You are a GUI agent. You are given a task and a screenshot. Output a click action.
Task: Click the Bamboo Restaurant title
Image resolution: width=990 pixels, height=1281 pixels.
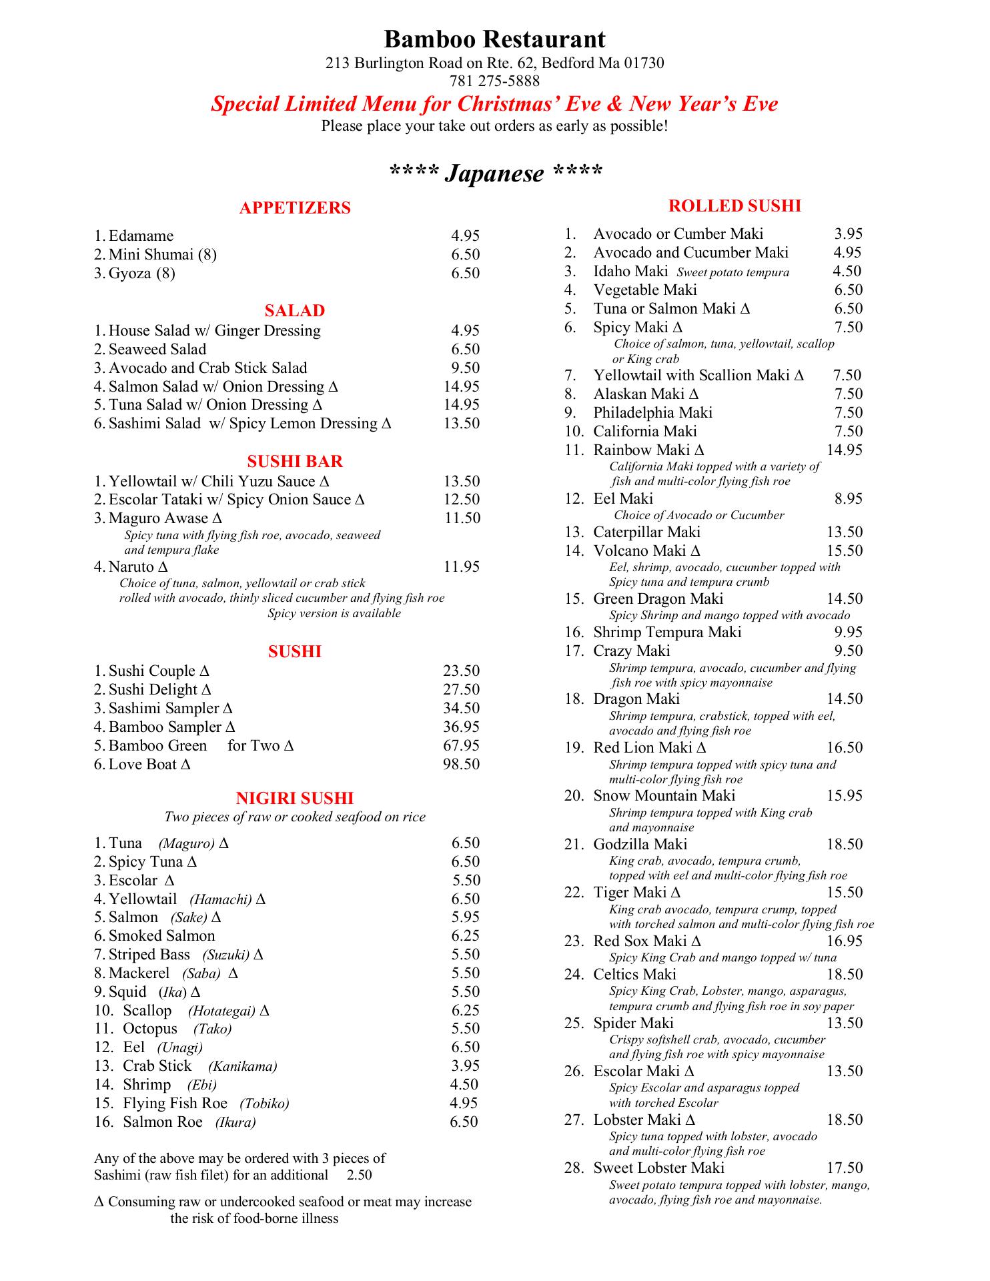pos(494,39)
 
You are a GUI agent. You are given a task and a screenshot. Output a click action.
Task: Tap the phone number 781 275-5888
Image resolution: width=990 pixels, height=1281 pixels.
pos(494,81)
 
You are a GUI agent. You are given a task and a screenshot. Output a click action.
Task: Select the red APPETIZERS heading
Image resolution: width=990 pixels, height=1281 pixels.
pos(295,208)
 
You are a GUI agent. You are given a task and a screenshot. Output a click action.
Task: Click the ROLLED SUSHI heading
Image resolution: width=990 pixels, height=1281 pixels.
pos(734,206)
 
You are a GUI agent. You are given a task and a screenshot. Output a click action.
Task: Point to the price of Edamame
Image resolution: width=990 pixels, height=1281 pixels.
pos(465,236)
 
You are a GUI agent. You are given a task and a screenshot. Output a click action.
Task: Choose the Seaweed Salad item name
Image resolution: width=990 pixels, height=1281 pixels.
pos(157,350)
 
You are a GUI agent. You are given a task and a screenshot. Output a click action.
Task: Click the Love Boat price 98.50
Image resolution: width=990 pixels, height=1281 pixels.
pos(461,765)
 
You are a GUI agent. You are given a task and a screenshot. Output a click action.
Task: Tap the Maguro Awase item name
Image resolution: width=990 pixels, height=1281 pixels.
pos(159,518)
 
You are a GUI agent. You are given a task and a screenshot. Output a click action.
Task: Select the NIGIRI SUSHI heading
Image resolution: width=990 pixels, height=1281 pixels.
pos(295,799)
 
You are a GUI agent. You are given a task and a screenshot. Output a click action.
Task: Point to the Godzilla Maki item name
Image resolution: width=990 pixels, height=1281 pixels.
pos(640,845)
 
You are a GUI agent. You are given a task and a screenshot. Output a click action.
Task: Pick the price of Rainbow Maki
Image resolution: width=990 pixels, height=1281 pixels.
pos(844,450)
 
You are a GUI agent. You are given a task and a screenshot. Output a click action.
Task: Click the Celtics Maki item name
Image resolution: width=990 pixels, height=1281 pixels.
pos(634,975)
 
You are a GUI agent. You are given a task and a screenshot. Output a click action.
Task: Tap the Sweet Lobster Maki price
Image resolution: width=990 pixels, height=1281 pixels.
pos(844,1168)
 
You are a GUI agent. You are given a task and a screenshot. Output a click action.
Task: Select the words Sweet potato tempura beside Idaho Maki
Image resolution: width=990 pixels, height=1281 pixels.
pos(732,272)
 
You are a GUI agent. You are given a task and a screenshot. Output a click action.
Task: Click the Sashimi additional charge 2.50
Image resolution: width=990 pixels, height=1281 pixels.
pos(360,1175)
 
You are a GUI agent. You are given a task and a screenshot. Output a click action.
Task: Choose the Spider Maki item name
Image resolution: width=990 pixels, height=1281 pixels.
pos(633,1023)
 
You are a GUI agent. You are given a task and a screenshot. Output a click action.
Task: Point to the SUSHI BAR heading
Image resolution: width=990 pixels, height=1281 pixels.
pos(295,462)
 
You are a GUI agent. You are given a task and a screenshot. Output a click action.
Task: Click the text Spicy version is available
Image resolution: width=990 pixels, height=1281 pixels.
pos(334,614)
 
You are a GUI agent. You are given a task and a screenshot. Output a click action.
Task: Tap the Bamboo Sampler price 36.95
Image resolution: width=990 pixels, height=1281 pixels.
pos(461,727)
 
